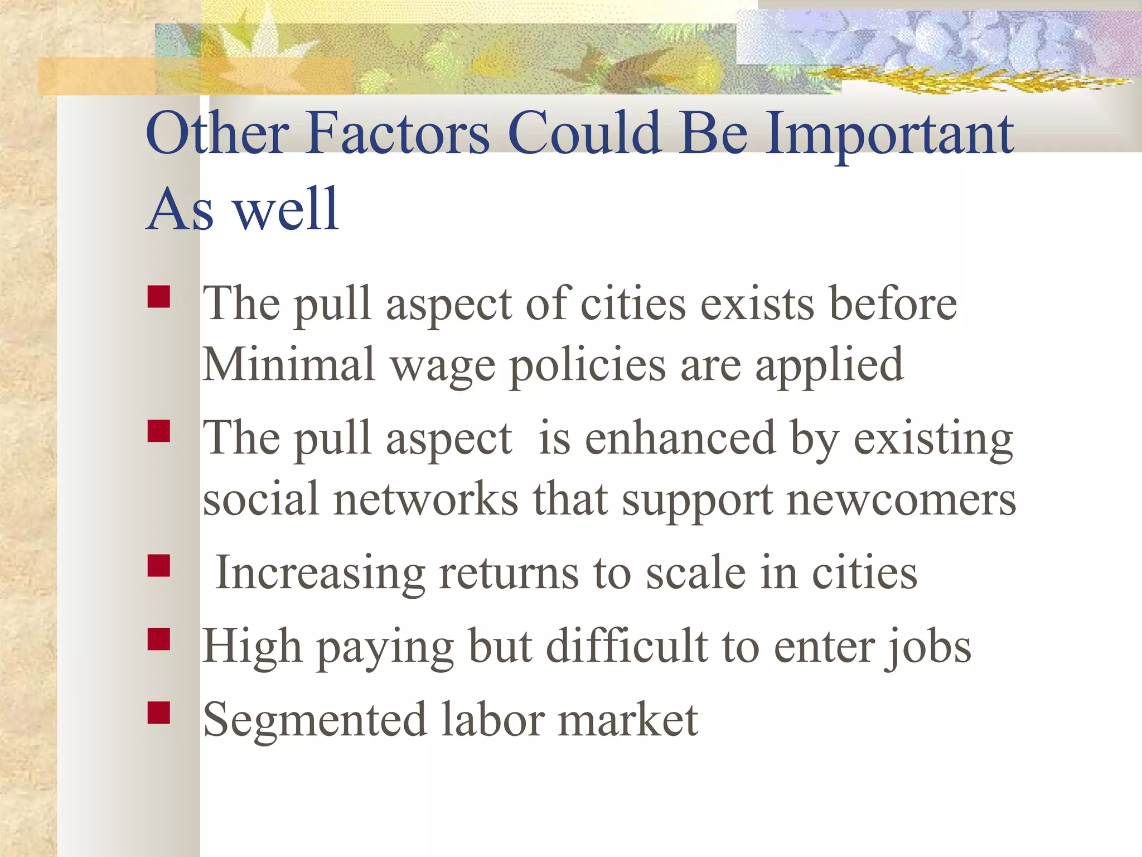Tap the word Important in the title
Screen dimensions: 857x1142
tap(889, 134)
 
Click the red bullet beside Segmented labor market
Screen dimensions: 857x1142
tap(159, 712)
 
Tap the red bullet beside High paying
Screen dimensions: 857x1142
tap(159, 639)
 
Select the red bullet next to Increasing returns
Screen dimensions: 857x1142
tap(159, 565)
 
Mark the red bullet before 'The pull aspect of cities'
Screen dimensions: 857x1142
tap(159, 297)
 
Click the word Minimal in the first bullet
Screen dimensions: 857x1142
tap(288, 364)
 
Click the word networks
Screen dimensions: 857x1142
tap(425, 498)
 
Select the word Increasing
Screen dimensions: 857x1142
tap(320, 574)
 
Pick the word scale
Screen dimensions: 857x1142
tap(696, 572)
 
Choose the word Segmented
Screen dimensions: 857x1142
tap(315, 720)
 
